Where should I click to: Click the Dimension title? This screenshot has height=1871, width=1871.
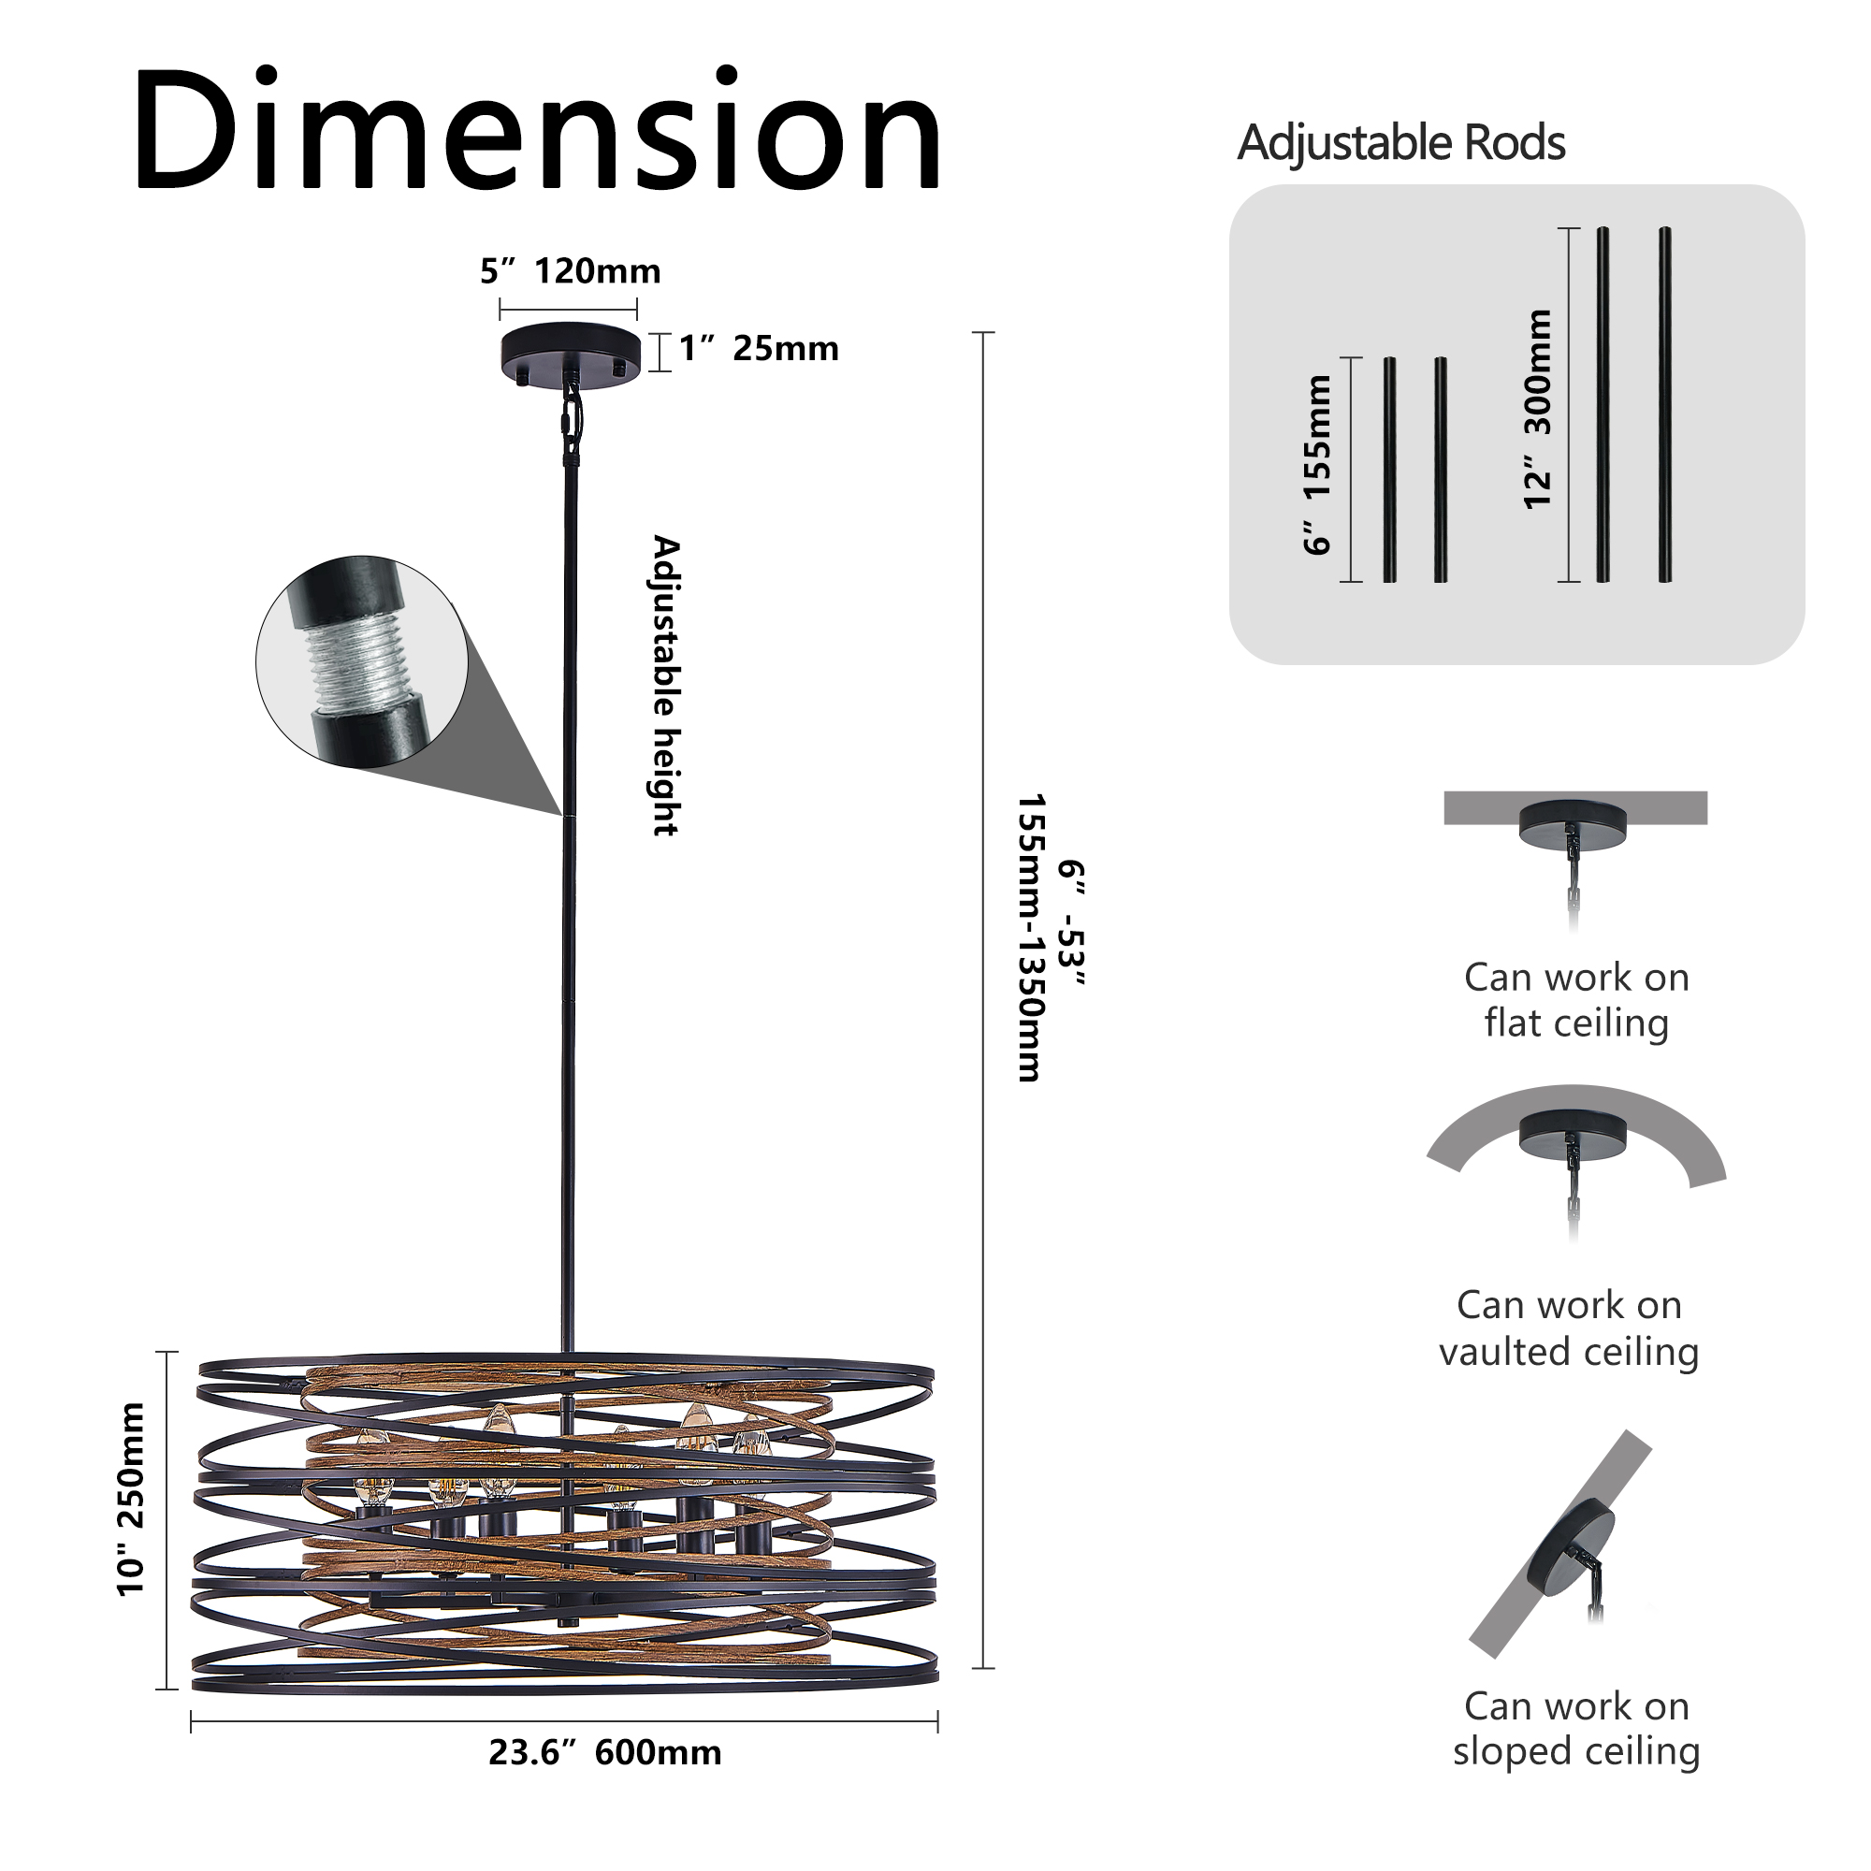(x=538, y=131)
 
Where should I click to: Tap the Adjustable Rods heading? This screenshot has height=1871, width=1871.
(x=1400, y=143)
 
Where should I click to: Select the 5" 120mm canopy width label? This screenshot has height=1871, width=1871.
(x=570, y=272)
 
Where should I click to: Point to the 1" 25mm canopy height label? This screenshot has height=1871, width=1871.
(x=759, y=350)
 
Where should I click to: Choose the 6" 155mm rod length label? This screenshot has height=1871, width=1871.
(x=1317, y=466)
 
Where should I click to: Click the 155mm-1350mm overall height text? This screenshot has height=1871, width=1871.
(x=1029, y=937)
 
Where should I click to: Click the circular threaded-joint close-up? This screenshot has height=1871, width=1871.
(x=361, y=663)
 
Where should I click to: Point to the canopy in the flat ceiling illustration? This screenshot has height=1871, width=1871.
(x=1572, y=824)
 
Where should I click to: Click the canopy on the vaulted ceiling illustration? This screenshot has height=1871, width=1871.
(x=1573, y=1134)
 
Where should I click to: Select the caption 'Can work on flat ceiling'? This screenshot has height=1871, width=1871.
(x=1575, y=1000)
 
